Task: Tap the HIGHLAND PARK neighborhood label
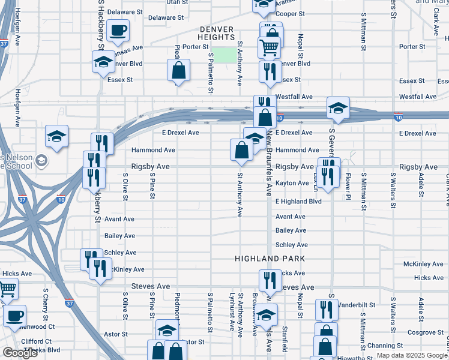pyautogui.click(x=270, y=259)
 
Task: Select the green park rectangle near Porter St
pyautogui.click(x=224, y=55)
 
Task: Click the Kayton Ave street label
pyautogui.click(x=292, y=183)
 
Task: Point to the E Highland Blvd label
pyautogui.click(x=298, y=202)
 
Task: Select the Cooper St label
pyautogui.click(x=291, y=13)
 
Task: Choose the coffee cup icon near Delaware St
pyautogui.click(x=118, y=30)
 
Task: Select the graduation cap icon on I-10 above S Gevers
pyautogui.click(x=338, y=109)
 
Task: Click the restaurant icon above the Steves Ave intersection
pyautogui.click(x=270, y=279)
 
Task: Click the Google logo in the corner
pyautogui.click(x=20, y=353)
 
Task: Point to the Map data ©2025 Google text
pyautogui.click(x=412, y=355)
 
